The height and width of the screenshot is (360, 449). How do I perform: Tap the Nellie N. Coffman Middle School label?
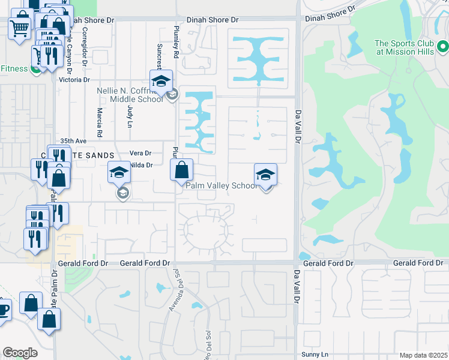[130, 95]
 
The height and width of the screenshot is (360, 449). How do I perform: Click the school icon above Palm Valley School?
[266, 175]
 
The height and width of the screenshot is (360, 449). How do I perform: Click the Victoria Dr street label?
[74, 79]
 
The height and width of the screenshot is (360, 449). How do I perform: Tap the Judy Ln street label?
[130, 116]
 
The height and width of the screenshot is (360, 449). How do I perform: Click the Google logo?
[20, 353]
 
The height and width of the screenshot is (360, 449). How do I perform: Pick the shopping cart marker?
[20, 27]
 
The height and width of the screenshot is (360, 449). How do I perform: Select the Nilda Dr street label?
[142, 165]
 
